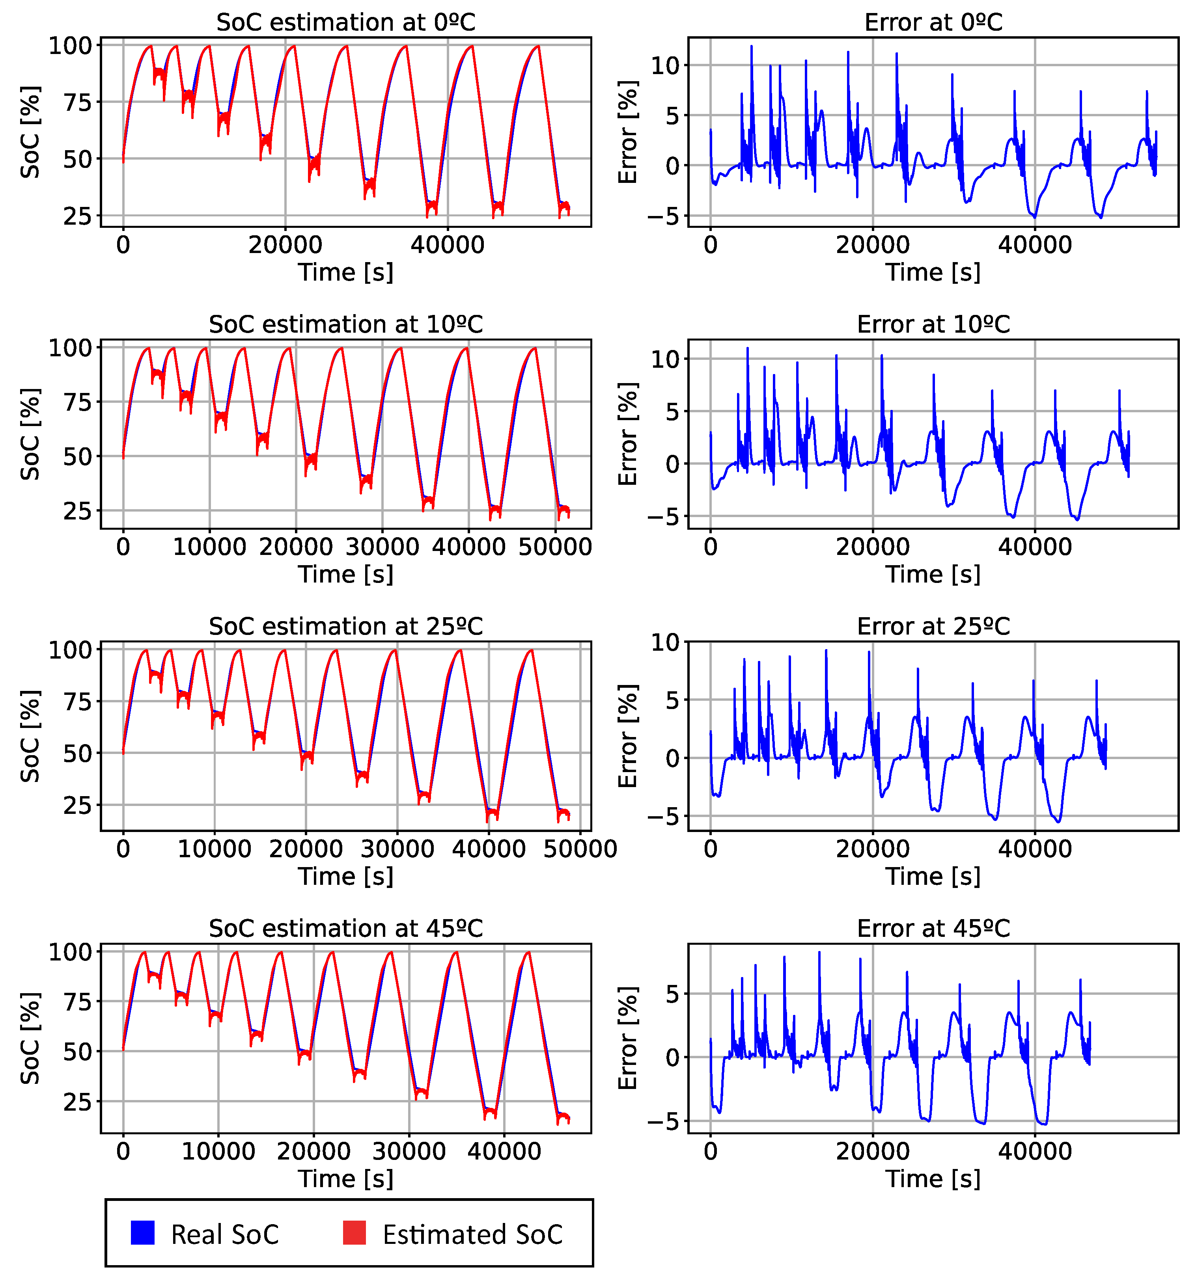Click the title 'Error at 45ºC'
coord(933,929)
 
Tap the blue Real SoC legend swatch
coord(142,1233)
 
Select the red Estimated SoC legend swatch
coord(354,1233)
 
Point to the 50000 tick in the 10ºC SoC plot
coord(555,547)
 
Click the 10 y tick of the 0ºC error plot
coord(669,65)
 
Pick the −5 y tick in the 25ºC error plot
coord(663,817)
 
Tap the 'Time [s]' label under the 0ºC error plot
coord(933,273)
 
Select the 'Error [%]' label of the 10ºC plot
coord(628,434)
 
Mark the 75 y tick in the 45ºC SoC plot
coord(77,1002)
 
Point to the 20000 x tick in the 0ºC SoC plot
coord(285,245)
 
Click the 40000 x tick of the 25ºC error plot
coord(1034,849)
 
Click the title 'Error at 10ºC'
coord(933,324)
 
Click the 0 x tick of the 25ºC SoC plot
coord(123,849)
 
